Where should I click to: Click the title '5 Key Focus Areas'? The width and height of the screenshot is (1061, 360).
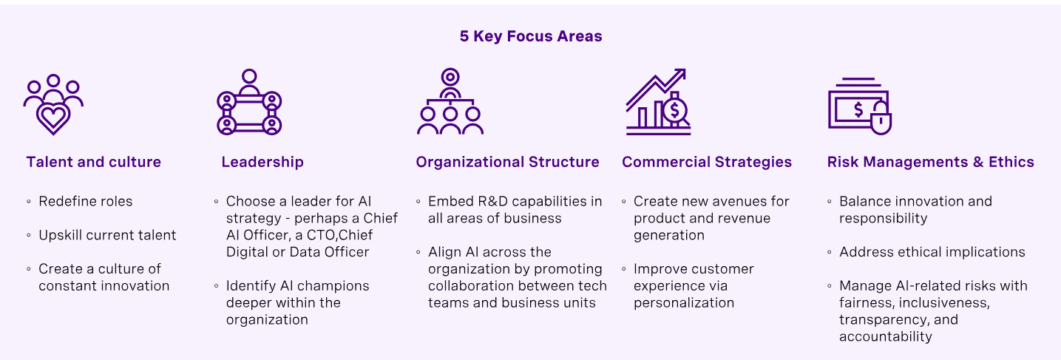[x=530, y=36]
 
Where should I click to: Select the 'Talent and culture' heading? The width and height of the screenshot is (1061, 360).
[x=93, y=162]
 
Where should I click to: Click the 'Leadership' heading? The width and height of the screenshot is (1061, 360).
[x=262, y=162]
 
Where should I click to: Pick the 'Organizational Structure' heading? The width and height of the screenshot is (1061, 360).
[x=507, y=162]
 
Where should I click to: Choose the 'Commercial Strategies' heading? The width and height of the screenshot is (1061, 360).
[x=707, y=162]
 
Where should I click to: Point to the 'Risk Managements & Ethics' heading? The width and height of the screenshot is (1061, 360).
[x=930, y=162]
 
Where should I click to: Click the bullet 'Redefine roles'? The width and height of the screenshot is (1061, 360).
[x=86, y=201]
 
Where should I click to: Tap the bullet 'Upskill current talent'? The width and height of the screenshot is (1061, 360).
[x=107, y=235]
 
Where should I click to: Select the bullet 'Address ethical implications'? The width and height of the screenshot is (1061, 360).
[x=932, y=252]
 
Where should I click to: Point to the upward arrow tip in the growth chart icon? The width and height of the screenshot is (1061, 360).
[x=681, y=72]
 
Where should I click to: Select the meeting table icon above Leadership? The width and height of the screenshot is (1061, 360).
[x=249, y=103]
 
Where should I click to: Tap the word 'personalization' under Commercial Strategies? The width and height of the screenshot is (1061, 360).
[x=684, y=302]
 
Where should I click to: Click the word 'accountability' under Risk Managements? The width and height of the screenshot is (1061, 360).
[x=885, y=336]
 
